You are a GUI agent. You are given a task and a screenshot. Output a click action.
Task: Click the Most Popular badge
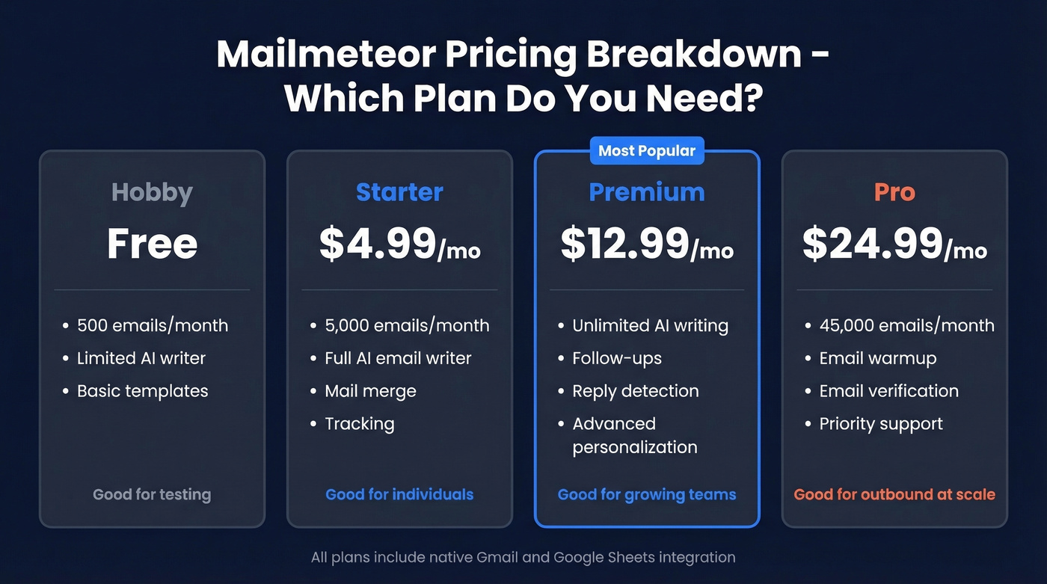click(647, 151)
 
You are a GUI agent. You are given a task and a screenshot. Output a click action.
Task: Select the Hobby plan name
click(152, 192)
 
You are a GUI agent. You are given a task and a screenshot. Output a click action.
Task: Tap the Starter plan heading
click(399, 192)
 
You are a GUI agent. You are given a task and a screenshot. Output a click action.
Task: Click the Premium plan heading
click(647, 192)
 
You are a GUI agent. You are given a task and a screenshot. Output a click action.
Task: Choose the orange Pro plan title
click(894, 192)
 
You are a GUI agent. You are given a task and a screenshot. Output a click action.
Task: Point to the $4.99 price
click(378, 244)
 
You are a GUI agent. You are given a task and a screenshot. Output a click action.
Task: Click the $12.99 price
click(625, 244)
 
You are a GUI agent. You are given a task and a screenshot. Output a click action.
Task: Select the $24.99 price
click(873, 244)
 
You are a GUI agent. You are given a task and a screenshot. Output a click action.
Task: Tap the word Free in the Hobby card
click(152, 244)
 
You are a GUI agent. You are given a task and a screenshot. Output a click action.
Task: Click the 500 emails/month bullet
click(153, 326)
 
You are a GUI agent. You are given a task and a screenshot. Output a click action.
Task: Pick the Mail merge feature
click(370, 391)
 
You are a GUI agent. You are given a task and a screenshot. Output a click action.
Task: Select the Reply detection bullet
click(636, 391)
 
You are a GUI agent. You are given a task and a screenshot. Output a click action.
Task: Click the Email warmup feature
click(878, 358)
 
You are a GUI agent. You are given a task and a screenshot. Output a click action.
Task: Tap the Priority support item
click(881, 424)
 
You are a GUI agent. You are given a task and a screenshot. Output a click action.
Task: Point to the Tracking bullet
click(359, 424)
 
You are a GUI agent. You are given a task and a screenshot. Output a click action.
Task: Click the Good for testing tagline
click(152, 494)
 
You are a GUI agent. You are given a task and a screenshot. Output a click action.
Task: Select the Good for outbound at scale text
click(894, 494)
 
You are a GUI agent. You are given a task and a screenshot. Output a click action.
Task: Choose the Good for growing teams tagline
click(647, 494)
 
